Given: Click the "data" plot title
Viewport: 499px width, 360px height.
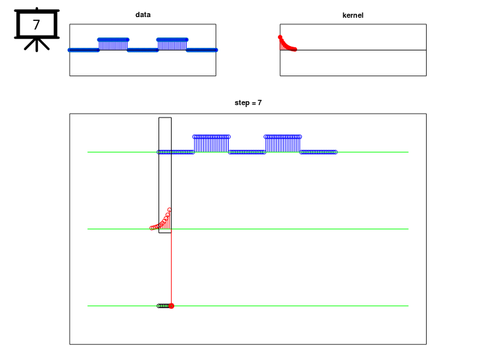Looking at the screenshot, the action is (143, 14).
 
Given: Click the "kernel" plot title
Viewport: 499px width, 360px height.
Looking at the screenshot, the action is (353, 15).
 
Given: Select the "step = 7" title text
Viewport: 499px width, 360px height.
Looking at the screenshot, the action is (249, 102).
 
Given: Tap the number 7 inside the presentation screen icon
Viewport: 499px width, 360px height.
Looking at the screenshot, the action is (36, 25).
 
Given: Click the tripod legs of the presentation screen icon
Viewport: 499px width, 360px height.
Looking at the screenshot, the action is (37, 45).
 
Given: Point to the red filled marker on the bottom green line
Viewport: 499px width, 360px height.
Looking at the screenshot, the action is (172, 306).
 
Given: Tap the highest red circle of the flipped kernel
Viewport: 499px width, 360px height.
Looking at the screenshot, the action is (170, 210).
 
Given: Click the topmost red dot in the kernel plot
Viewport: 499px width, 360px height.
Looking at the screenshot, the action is (280, 37).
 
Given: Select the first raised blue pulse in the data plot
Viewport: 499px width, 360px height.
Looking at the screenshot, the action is (113, 45).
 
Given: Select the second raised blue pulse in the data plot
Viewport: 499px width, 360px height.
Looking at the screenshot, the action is (172, 45).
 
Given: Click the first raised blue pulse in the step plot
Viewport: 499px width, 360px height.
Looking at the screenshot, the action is (211, 144).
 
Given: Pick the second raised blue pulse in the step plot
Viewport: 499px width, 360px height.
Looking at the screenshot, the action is (283, 144).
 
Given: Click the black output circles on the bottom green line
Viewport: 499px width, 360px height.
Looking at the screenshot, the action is (164, 306).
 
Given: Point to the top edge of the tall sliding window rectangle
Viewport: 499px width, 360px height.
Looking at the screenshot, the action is (165, 118).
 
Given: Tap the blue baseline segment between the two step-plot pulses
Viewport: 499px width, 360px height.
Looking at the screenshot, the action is (247, 152).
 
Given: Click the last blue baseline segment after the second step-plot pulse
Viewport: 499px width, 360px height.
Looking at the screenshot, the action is (318, 152).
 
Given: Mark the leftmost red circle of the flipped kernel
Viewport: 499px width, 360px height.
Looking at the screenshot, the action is (151, 228).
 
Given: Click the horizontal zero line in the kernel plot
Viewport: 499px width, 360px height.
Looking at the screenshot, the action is (353, 50).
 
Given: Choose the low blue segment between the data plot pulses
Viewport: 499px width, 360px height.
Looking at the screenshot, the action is (143, 50).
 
